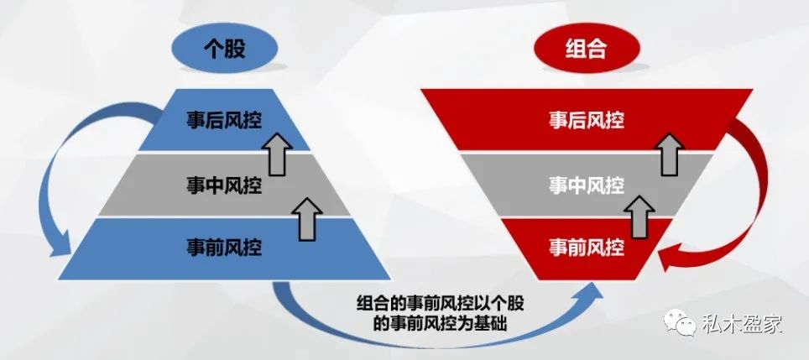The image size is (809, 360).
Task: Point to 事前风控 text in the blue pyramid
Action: (x=224, y=248)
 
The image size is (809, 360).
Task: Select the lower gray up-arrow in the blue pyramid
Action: (x=310, y=216)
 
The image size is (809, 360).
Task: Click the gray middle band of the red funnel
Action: (x=520, y=185)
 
